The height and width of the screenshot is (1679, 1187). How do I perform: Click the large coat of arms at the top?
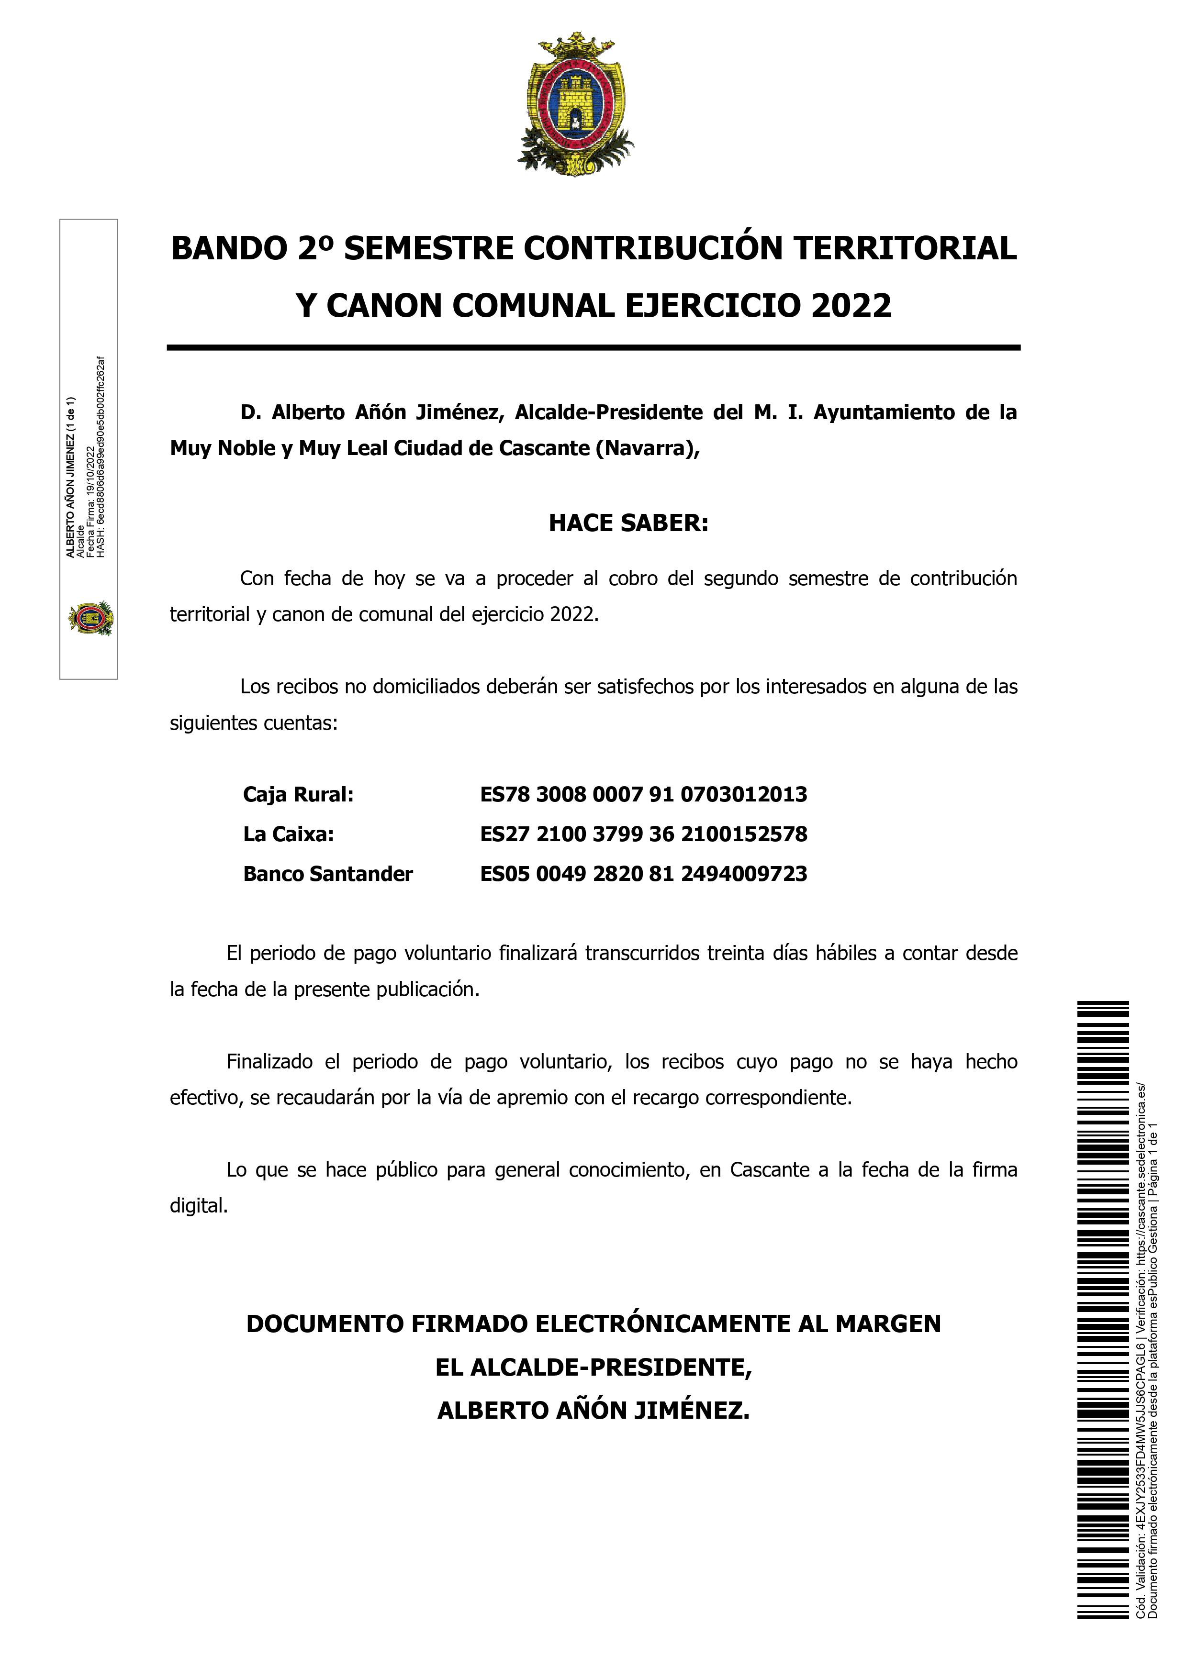(x=576, y=105)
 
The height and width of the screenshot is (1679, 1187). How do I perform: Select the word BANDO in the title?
(x=229, y=249)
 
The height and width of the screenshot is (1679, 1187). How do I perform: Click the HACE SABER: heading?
(x=628, y=523)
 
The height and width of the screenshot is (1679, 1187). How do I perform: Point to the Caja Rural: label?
(x=298, y=794)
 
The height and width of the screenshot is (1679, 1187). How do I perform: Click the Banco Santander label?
(x=328, y=874)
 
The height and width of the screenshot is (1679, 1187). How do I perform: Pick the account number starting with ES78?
(x=644, y=794)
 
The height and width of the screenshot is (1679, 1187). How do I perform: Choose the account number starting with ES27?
(x=644, y=834)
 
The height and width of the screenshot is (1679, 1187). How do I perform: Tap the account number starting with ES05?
(x=644, y=874)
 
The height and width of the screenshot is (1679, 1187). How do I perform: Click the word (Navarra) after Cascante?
(x=648, y=448)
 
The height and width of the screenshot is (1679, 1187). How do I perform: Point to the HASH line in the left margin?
(x=101, y=457)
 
